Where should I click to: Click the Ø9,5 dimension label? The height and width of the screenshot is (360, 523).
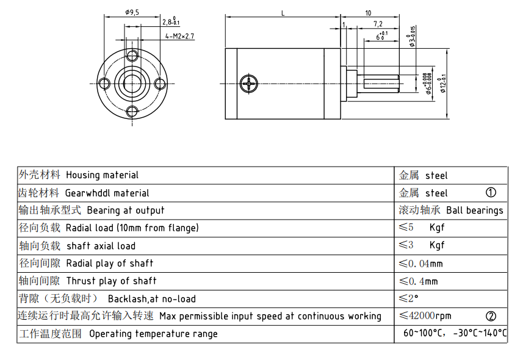click(132, 12)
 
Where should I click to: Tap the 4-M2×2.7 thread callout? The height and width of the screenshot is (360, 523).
click(179, 37)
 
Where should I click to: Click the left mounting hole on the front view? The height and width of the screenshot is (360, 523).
click(106, 83)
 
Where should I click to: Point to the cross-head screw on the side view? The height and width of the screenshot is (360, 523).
click(249, 84)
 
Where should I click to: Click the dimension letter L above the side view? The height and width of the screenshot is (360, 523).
click(283, 12)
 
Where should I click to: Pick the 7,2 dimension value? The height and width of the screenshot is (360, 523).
click(378, 24)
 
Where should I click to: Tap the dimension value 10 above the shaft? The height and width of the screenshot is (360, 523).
click(368, 12)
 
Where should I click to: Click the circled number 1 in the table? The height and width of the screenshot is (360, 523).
click(491, 193)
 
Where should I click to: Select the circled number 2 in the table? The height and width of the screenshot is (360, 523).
click(491, 316)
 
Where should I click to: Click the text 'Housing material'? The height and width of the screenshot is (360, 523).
click(102, 175)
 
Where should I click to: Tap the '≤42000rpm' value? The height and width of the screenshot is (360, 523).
click(425, 316)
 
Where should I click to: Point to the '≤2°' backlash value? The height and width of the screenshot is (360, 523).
click(408, 298)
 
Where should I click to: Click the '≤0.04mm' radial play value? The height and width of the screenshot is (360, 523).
click(420, 264)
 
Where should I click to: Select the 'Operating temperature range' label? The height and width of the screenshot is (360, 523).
click(153, 334)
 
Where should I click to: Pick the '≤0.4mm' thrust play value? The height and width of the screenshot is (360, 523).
click(418, 281)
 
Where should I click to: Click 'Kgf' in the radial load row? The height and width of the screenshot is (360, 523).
click(437, 228)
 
